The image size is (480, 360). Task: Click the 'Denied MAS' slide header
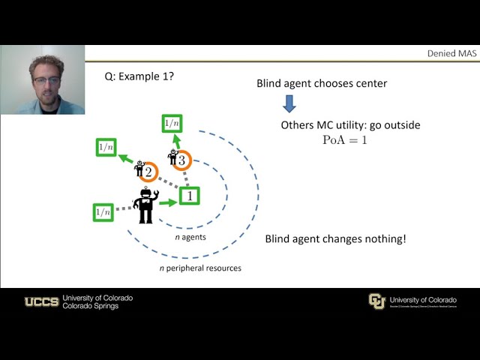(x=448, y=53)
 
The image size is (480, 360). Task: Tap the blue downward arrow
(x=288, y=103)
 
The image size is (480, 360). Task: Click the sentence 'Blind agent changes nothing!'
(x=335, y=238)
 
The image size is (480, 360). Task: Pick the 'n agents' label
(x=190, y=237)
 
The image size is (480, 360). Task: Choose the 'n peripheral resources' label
(x=200, y=268)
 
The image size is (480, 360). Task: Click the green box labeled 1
(x=190, y=196)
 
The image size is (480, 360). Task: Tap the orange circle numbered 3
(x=181, y=160)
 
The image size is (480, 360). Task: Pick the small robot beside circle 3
(x=173, y=156)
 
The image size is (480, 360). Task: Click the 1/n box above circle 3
(x=172, y=122)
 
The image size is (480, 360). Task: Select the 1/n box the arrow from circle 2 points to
(x=105, y=147)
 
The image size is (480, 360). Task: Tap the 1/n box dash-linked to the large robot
(x=103, y=213)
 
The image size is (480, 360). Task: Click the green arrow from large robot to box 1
(x=168, y=201)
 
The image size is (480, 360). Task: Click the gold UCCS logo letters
(x=42, y=301)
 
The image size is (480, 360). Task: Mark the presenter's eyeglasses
(x=46, y=80)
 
